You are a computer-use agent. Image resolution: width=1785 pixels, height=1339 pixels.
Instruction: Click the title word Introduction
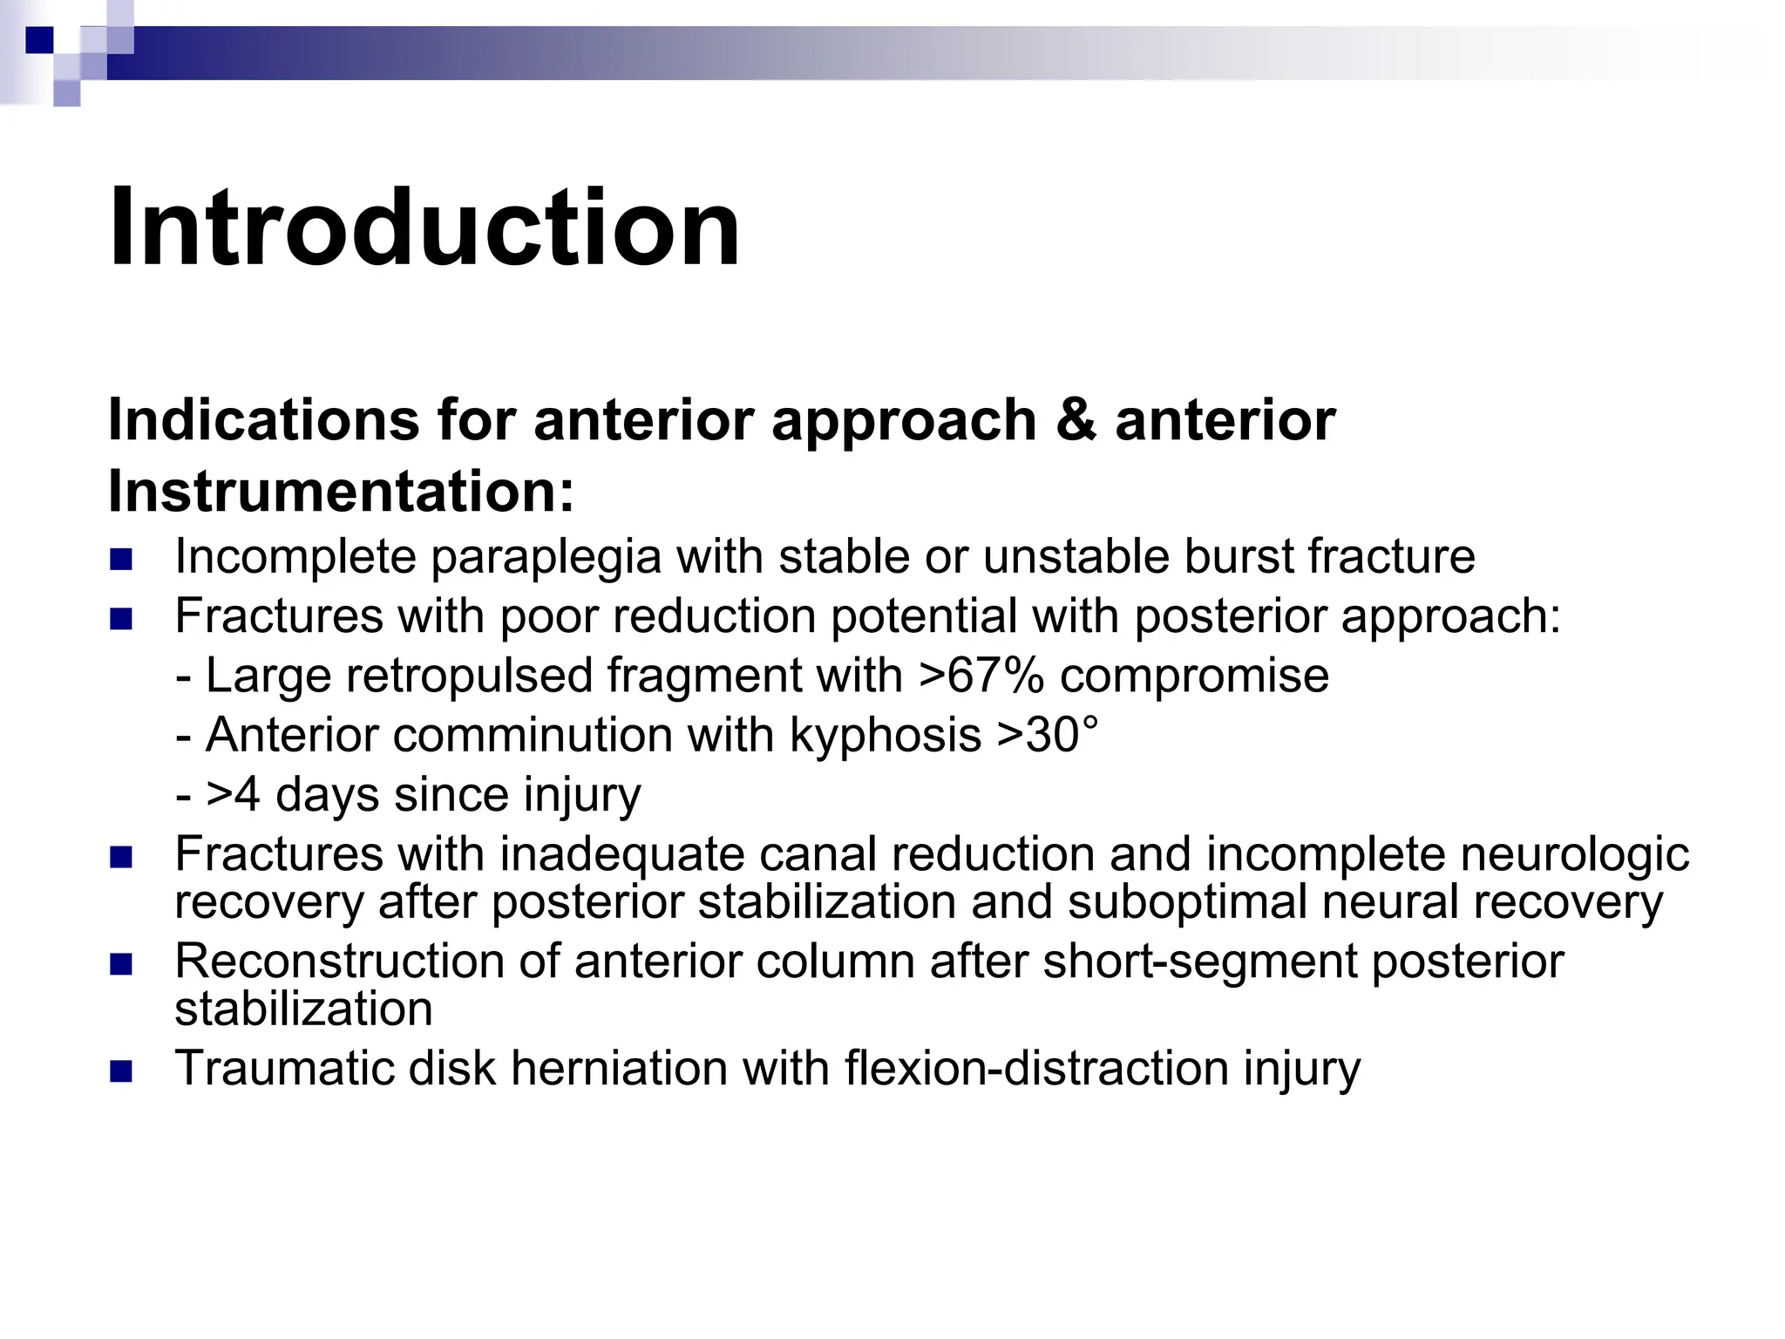pyautogui.click(x=424, y=228)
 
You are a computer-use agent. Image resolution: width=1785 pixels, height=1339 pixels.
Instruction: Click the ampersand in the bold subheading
pyautogui.click(x=1076, y=420)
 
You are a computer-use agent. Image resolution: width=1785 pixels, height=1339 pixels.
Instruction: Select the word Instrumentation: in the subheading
pyautogui.click(x=342, y=492)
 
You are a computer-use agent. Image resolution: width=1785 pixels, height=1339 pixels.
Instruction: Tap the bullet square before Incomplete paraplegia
pyautogui.click(x=121, y=559)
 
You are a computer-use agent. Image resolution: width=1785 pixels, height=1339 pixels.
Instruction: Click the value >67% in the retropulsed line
pyautogui.click(x=981, y=676)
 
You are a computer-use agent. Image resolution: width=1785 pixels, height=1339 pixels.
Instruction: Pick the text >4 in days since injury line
pyautogui.click(x=233, y=794)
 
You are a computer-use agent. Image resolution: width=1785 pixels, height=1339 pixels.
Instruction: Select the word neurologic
pyautogui.click(x=1574, y=853)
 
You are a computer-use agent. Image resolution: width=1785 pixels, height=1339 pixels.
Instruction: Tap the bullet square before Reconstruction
pyautogui.click(x=121, y=964)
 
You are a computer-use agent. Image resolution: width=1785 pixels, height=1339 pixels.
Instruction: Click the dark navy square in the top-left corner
pyautogui.click(x=40, y=40)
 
